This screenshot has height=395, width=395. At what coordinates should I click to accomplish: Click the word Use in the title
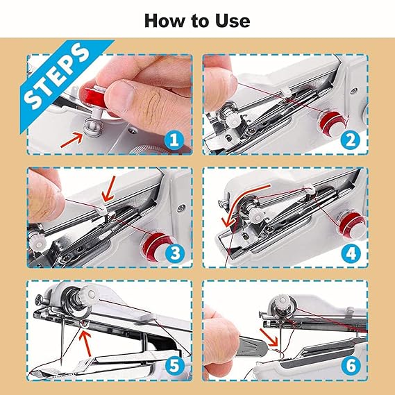(233, 20)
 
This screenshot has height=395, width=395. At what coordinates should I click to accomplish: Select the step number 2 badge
(350, 140)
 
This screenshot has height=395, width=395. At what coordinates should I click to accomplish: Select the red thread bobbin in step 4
(344, 224)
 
